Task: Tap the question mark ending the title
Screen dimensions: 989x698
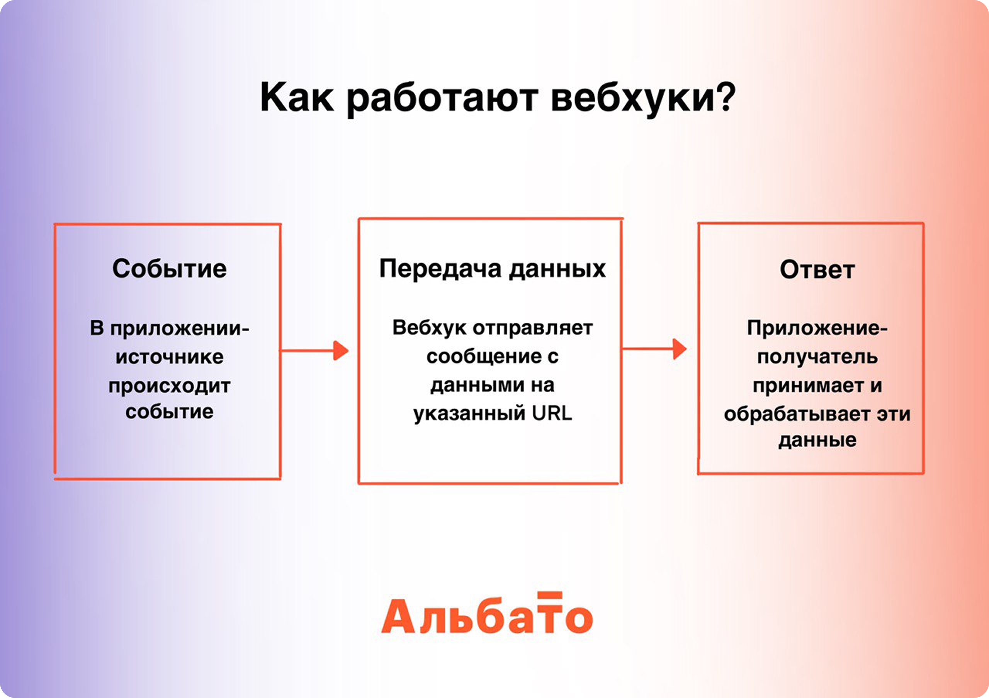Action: click(x=726, y=95)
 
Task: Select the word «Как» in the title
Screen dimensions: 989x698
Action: click(x=297, y=97)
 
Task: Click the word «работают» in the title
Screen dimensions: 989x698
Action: click(x=442, y=99)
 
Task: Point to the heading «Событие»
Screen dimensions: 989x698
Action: click(x=169, y=269)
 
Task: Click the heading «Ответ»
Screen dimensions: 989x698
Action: click(x=817, y=270)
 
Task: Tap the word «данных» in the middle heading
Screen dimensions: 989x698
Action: click(x=557, y=269)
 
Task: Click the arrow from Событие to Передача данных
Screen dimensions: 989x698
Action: click(x=314, y=350)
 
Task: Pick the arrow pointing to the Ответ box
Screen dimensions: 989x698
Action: click(x=654, y=349)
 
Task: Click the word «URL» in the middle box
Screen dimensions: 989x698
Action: click(x=552, y=413)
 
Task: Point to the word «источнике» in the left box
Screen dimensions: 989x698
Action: click(x=169, y=357)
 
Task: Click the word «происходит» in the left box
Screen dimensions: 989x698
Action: click(x=169, y=386)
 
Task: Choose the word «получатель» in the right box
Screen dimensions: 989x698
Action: click(x=817, y=357)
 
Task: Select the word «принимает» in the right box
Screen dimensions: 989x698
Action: click(x=807, y=386)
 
